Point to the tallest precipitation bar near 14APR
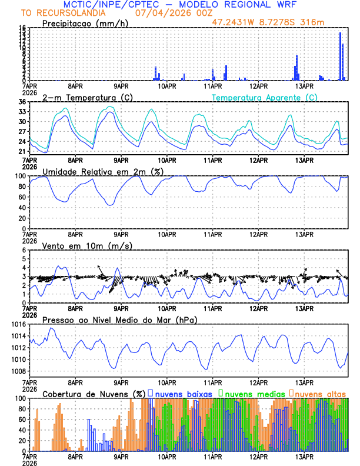(341, 56)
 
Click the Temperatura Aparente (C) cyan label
(264, 97)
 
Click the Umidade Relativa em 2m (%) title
(103, 171)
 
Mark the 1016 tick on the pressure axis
(18, 324)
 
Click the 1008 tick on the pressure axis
(18, 371)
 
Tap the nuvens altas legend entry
(320, 393)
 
